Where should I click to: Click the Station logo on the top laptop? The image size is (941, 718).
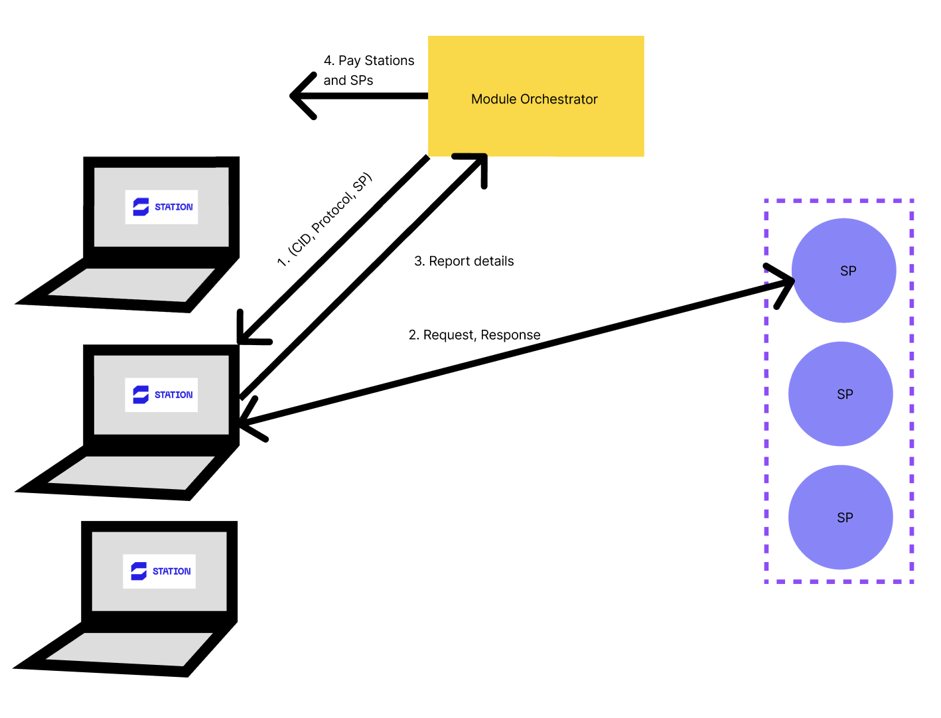coord(161,207)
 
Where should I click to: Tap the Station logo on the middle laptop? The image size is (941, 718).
coord(161,395)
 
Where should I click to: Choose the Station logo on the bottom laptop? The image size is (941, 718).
coord(159,571)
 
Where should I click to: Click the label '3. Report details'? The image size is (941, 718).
coord(464,261)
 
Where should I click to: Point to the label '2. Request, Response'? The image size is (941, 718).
coord(474,335)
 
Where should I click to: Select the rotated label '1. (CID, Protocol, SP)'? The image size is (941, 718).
coord(325,220)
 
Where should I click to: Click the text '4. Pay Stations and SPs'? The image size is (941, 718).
coord(368,70)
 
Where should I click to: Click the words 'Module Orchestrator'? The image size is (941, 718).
coord(534,100)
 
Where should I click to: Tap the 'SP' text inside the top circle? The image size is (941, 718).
coord(848,271)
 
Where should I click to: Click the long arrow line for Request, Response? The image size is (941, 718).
coord(518,352)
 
